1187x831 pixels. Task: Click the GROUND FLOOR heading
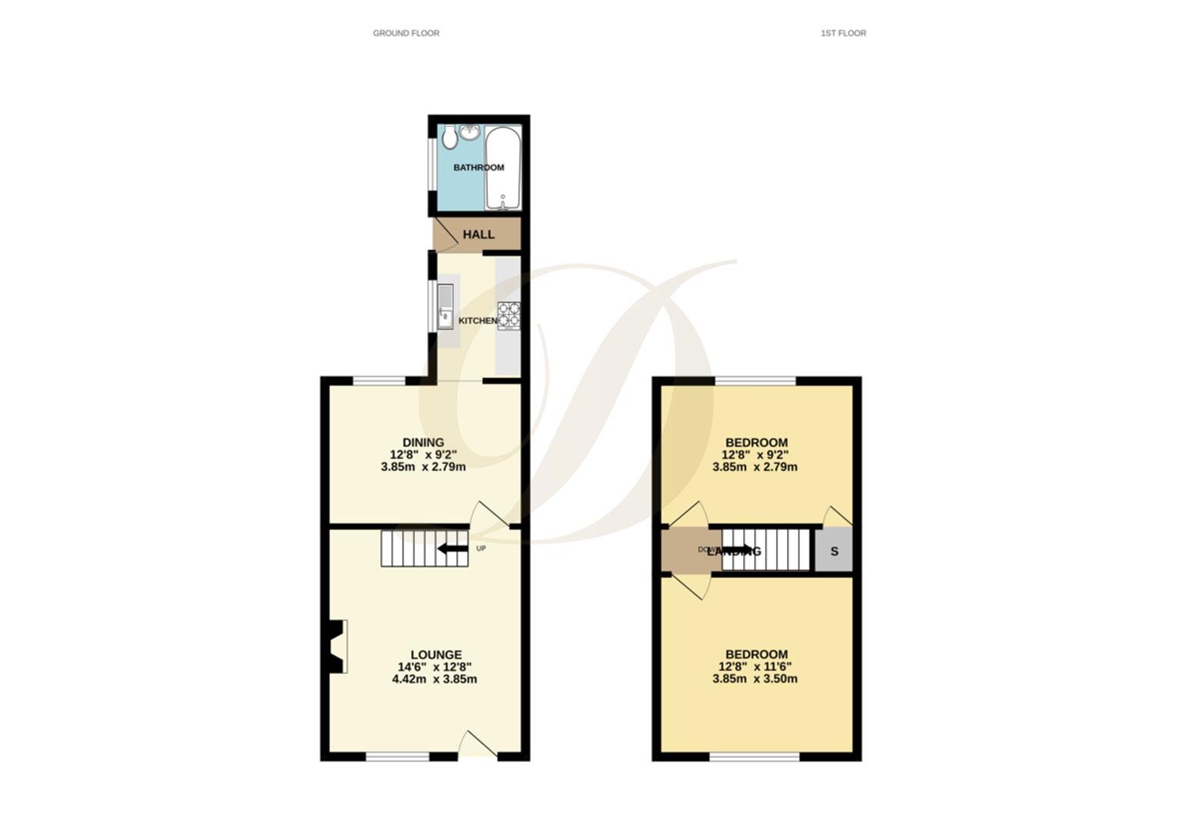tap(405, 33)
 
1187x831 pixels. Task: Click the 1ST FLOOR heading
tap(843, 33)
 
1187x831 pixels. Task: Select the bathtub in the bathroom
tap(503, 168)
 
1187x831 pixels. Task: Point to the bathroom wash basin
tap(471, 132)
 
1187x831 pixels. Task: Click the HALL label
tap(478, 235)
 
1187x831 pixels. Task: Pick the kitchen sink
tap(445, 306)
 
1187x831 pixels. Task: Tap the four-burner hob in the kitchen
tap(508, 315)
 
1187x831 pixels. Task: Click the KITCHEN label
tap(478, 320)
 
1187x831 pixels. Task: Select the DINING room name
tap(423, 442)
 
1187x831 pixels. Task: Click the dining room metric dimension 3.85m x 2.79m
tap(423, 466)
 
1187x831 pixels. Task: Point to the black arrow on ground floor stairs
tap(452, 549)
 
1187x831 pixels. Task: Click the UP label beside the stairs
tap(481, 549)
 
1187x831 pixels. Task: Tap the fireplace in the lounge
tap(337, 646)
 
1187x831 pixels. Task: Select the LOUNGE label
tap(435, 655)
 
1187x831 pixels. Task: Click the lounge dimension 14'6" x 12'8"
tap(435, 667)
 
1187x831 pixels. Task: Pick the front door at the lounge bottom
tap(478, 745)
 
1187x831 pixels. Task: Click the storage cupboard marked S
tap(834, 552)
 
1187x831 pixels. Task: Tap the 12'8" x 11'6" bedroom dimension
tap(755, 666)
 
